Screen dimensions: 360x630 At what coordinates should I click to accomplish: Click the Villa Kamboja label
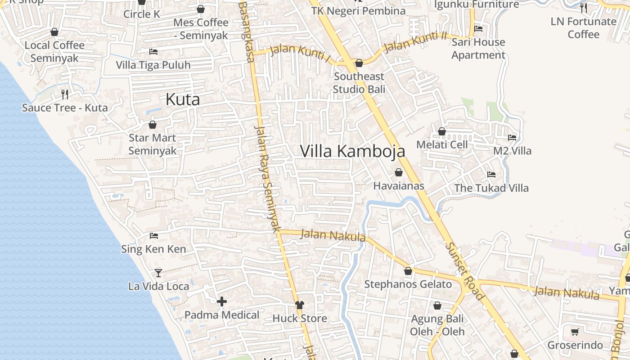coord(352,151)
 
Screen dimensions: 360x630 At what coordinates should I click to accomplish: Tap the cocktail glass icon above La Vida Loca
coord(158,273)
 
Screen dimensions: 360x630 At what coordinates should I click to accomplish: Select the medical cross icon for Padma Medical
coord(222,301)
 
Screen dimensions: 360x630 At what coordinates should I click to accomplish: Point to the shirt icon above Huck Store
coord(300,306)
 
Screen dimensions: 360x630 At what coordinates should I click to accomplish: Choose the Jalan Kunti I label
coord(300,54)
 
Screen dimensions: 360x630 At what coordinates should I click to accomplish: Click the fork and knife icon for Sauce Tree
coord(65,94)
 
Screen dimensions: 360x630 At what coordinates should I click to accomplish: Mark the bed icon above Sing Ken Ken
coord(153,235)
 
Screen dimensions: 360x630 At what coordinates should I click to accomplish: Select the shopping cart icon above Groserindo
coord(575,332)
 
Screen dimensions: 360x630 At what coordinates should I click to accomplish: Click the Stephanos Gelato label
coord(408,284)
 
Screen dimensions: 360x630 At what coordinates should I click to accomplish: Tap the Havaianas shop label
coord(399,185)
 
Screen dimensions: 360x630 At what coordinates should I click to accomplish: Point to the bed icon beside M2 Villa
coord(512,137)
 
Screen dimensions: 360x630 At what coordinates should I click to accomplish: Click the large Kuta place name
coord(183,99)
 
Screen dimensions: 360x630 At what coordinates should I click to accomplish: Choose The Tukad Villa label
coord(491,188)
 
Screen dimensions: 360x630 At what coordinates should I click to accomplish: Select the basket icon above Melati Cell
coord(442,131)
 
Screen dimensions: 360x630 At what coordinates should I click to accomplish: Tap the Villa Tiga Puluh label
coord(153,65)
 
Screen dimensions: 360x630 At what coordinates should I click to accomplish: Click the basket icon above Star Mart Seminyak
coord(153,125)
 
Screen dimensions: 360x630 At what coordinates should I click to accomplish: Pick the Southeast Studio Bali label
coord(359,83)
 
